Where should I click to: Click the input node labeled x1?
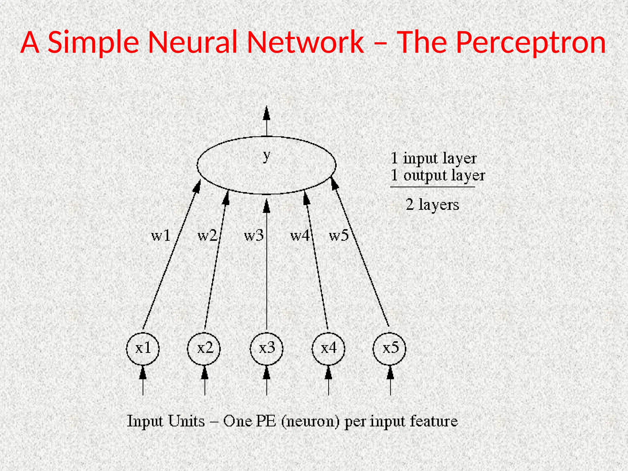(x=143, y=349)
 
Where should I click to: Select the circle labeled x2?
(x=204, y=349)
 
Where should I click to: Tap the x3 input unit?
(x=266, y=349)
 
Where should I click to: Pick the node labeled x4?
(x=328, y=349)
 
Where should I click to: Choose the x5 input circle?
(x=390, y=349)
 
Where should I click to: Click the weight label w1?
(x=161, y=236)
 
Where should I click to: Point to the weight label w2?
(x=207, y=236)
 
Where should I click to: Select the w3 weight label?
(x=254, y=236)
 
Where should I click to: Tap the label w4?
(x=300, y=236)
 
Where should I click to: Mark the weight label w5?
(x=339, y=236)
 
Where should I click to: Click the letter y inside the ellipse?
(x=267, y=156)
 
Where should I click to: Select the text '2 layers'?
(x=432, y=205)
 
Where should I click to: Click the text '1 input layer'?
(x=434, y=159)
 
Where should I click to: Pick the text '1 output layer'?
(x=438, y=176)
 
